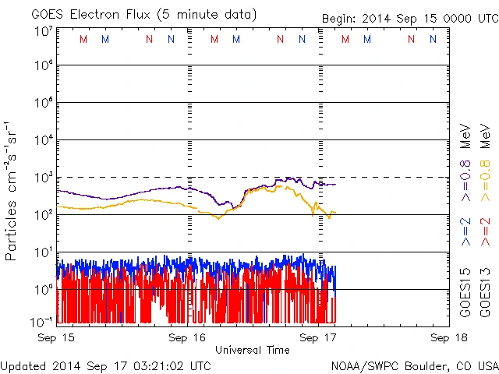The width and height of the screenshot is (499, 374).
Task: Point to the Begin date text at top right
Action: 410,18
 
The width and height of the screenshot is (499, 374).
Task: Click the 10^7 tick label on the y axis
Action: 43,31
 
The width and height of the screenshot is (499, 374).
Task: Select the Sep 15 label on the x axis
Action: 57,337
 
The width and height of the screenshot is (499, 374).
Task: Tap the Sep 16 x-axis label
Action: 187,337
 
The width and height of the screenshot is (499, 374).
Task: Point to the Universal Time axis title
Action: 252,350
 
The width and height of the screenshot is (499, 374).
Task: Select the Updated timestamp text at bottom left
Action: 106,365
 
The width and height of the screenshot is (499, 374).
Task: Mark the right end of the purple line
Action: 335,184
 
